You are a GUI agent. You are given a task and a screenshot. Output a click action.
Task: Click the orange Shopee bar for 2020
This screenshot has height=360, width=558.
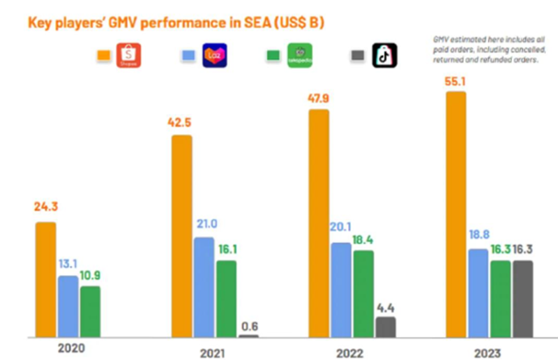tap(46, 279)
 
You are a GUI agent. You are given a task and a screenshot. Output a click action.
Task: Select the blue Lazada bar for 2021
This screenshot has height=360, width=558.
tap(204, 287)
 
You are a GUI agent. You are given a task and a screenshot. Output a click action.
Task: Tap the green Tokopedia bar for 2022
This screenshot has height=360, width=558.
tap(363, 293)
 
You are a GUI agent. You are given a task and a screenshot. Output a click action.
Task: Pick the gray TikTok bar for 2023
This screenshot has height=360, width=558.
tap(522, 299)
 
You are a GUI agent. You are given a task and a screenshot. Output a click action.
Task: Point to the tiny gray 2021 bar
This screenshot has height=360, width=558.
tap(248, 336)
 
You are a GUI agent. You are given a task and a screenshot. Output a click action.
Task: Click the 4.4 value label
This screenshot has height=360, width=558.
tap(386, 307)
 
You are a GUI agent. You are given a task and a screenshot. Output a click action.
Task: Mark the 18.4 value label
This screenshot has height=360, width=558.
tap(363, 239)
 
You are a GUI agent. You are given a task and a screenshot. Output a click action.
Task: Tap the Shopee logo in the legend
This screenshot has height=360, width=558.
tap(129, 55)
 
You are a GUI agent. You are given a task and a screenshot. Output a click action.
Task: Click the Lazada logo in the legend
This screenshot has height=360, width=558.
tap(214, 55)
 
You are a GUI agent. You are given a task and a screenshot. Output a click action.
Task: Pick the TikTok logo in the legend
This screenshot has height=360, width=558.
tap(384, 55)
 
